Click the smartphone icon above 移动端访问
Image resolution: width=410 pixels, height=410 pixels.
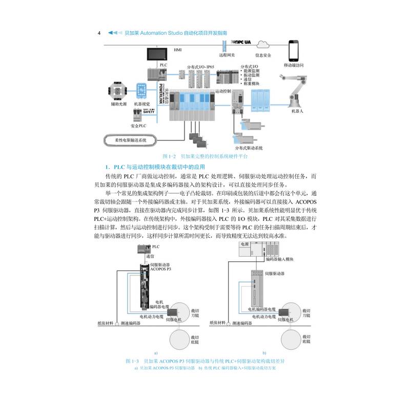pos(294,51)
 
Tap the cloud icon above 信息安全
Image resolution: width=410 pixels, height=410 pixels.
pos(260,45)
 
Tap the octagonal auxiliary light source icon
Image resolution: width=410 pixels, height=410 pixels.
pos(116,90)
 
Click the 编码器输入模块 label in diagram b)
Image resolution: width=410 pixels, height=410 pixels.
pos(280,259)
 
